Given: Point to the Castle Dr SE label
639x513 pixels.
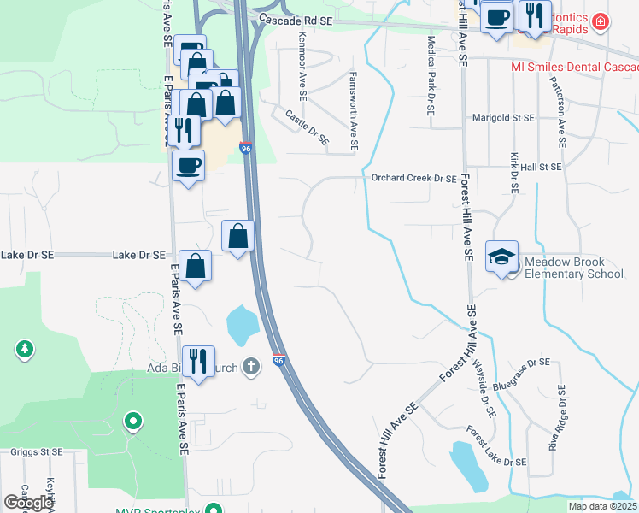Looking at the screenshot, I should pos(307,127).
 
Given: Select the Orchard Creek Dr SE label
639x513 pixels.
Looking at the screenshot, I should pos(414,179).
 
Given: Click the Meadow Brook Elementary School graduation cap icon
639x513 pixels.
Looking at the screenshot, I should pos(501,255).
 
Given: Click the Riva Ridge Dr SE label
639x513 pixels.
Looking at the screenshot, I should pos(558,418).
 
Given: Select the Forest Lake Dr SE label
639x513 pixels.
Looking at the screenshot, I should pos(496,445).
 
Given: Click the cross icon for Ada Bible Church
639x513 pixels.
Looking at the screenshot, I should pos(250,367).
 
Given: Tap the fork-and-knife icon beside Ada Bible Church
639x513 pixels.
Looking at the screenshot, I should pos(198,360).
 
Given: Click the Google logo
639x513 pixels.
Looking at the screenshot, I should pos(28,502).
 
